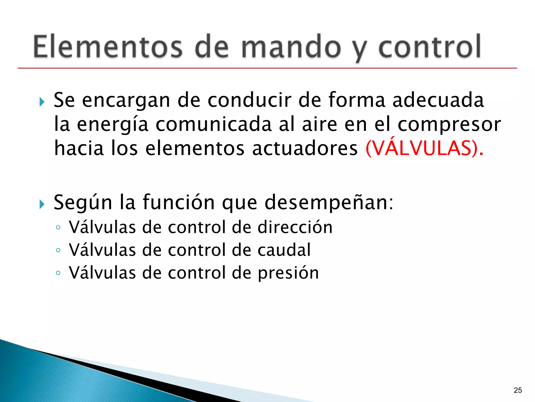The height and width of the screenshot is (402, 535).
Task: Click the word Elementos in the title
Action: point(108,47)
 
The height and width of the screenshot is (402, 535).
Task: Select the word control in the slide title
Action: point(429,47)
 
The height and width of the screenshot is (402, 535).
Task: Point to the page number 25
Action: point(518,390)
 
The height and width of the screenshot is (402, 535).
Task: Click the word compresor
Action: point(449,125)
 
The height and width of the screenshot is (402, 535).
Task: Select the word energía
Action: point(113,125)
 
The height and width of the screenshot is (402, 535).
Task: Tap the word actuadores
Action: point(305,148)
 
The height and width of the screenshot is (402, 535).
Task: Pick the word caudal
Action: point(284,250)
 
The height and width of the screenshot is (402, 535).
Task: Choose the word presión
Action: point(288,273)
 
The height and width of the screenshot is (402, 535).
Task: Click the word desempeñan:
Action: point(329,202)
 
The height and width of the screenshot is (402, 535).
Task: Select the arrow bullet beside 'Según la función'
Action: point(42,204)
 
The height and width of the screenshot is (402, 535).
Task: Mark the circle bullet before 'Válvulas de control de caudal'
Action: point(58,250)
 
